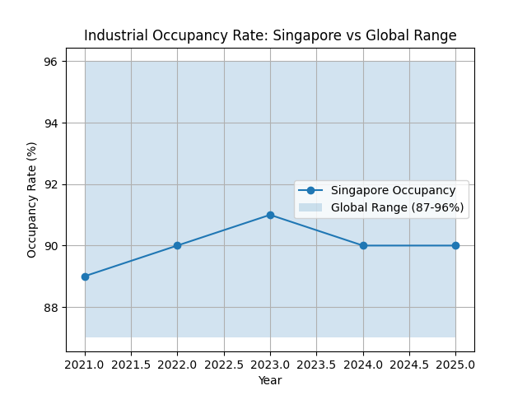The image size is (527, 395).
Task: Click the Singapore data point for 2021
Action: [x=85, y=276]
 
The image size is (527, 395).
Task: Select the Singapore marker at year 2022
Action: [x=177, y=246]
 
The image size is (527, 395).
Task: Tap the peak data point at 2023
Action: [x=270, y=215]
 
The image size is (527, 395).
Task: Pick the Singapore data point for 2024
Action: [x=363, y=246]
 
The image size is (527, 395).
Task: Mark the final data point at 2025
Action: [x=455, y=246]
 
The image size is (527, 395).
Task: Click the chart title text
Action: [x=270, y=35]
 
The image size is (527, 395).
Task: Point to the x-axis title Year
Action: [x=270, y=380]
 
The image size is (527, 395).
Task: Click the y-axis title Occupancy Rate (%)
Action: [x=32, y=199]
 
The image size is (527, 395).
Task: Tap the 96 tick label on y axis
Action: [x=51, y=62]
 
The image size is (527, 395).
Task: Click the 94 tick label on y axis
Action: [x=51, y=123]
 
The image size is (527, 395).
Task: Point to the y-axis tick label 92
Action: [x=51, y=184]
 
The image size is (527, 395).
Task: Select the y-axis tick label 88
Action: [x=51, y=308]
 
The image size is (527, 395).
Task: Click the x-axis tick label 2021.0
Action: [x=85, y=364]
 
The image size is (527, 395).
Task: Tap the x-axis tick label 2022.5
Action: [x=224, y=364]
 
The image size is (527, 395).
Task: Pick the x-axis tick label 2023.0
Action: [x=270, y=364]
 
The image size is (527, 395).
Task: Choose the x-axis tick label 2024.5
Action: [x=409, y=364]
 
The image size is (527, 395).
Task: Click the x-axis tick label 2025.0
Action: [x=455, y=364]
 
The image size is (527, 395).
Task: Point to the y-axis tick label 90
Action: [x=51, y=246]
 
